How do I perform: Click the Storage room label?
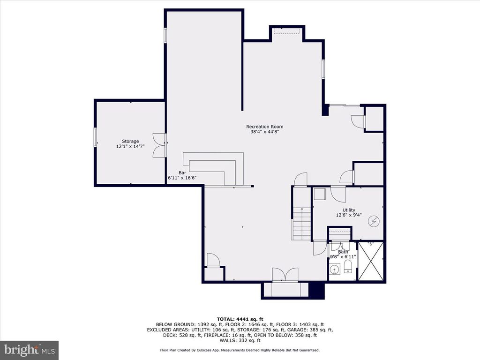pyautogui.click(x=130, y=141)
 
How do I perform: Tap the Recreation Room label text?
pyautogui.click(x=265, y=127)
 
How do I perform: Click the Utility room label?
pyautogui.click(x=348, y=210)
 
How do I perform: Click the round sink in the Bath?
pyautogui.click(x=335, y=270)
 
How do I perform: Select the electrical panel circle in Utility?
pyautogui.click(x=374, y=221)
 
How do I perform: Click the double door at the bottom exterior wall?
pyautogui.click(x=285, y=275)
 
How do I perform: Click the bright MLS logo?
pyautogui.click(x=29, y=350)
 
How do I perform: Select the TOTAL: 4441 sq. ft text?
pyautogui.click(x=240, y=319)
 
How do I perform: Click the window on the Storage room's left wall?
pyautogui.click(x=95, y=137)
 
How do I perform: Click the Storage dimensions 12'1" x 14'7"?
pyautogui.click(x=130, y=147)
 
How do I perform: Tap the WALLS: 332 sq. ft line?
pyautogui.click(x=240, y=340)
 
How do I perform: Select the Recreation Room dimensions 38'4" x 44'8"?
pyautogui.click(x=265, y=132)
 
